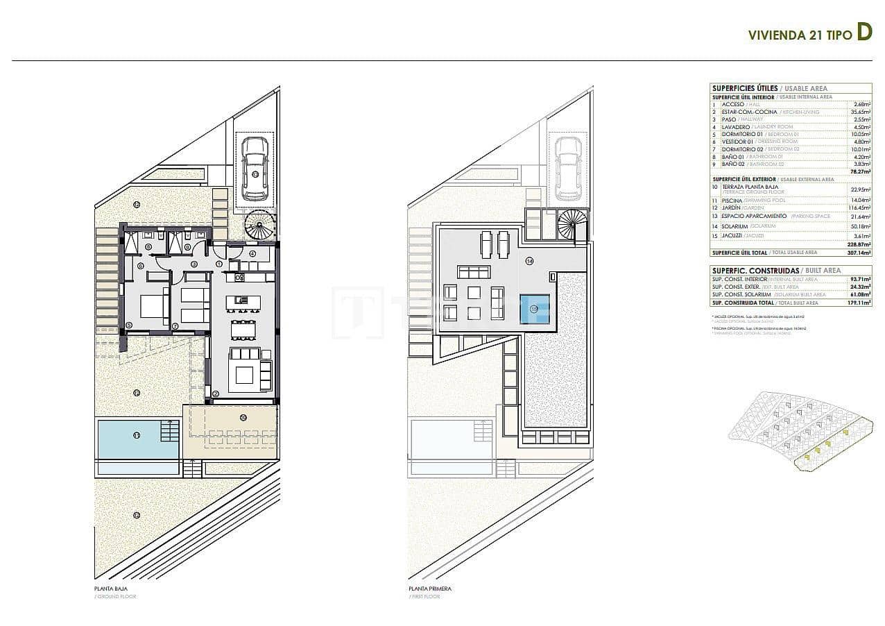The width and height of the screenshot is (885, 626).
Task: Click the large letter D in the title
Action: coord(863,33)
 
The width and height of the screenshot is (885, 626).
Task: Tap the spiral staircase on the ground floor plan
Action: coord(260,226)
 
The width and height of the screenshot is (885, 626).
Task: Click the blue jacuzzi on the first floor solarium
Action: coord(534,308)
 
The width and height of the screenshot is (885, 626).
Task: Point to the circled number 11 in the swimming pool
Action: coord(137,435)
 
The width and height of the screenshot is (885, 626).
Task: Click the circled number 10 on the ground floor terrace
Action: coord(242,417)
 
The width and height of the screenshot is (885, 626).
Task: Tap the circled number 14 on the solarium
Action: coord(529,262)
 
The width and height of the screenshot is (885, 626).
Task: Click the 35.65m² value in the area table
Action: coord(861,111)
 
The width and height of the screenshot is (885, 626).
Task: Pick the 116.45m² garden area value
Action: coord(859,207)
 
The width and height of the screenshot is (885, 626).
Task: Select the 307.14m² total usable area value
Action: coord(859,253)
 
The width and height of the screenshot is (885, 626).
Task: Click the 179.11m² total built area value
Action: coord(860,303)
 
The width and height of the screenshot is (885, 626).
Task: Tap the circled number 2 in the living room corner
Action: coord(216,394)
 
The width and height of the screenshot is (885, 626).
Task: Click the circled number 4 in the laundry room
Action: coord(252,253)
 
